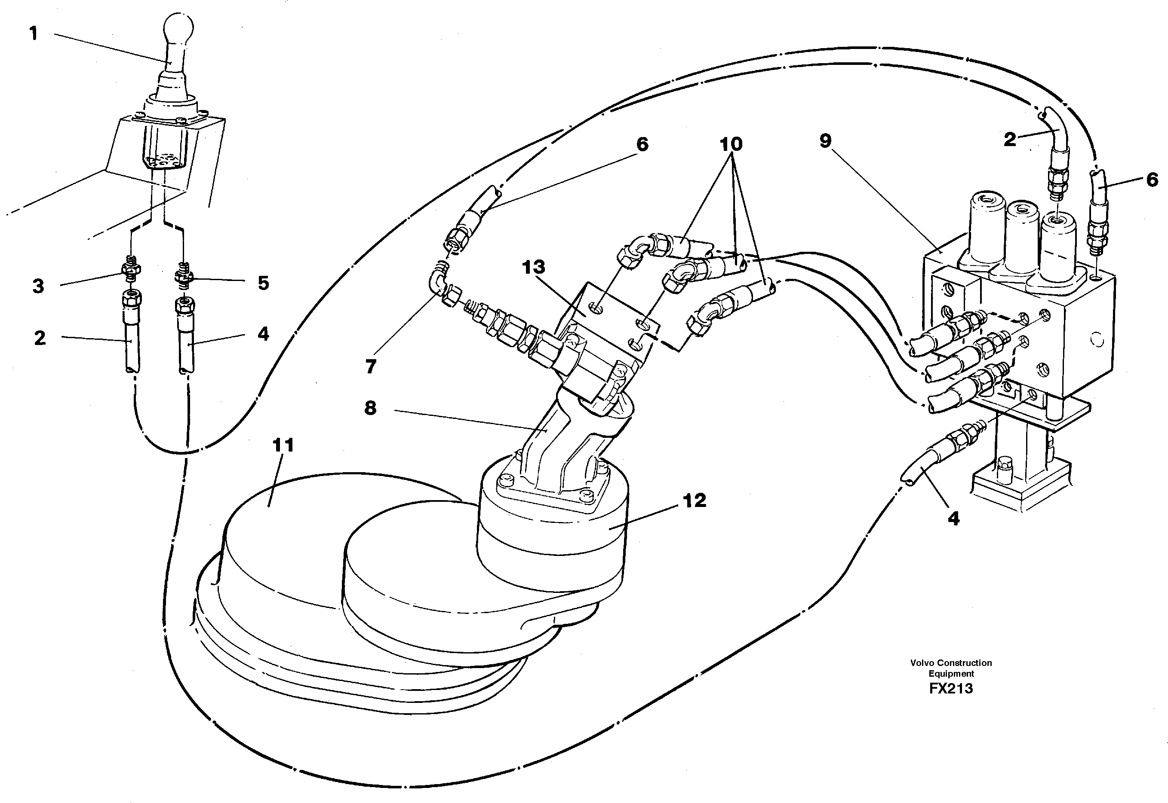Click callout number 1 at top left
point(34,34)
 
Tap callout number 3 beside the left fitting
point(38,286)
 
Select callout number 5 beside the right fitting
point(263,283)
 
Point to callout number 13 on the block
point(534,267)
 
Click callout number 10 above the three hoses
point(731,144)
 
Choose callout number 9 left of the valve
point(825,141)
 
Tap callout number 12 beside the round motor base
point(695,500)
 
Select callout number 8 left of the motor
point(371,408)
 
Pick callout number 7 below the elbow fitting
point(371,367)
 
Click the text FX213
point(951,688)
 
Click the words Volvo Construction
point(951,663)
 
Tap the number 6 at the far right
point(1153,180)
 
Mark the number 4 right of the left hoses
point(263,333)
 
